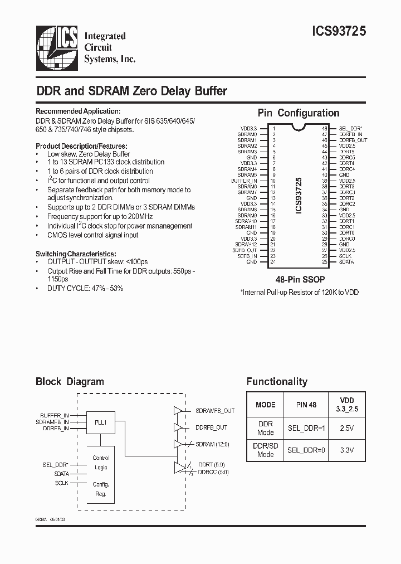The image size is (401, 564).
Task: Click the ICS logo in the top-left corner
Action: pyautogui.click(x=57, y=47)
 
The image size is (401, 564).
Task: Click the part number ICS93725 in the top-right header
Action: pyautogui.click(x=336, y=33)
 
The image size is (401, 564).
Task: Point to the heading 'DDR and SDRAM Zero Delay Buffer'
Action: pyautogui.click(x=131, y=90)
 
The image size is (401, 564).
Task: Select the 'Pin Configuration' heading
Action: pyautogui.click(x=299, y=113)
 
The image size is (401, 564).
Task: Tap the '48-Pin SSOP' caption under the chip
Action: pyautogui.click(x=300, y=279)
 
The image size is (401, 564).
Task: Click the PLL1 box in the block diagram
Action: pyautogui.click(x=101, y=422)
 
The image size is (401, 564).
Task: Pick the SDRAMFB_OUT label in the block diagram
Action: pyautogui.click(x=215, y=411)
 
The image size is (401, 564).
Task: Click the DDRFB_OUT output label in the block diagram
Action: pyautogui.click(x=212, y=427)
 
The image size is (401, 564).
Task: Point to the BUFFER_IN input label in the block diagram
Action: pyautogui.click(x=55, y=416)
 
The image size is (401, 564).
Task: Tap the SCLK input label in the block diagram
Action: pyautogui.click(x=61, y=483)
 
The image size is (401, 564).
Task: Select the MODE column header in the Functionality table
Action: pyautogui.click(x=265, y=405)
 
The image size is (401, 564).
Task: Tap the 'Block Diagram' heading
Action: pyautogui.click(x=70, y=382)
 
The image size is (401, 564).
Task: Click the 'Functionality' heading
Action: pyautogui.click(x=277, y=382)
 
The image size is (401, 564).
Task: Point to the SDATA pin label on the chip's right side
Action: pyautogui.click(x=346, y=262)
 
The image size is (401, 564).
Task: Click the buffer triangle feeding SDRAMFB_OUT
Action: pyautogui.click(x=178, y=411)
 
